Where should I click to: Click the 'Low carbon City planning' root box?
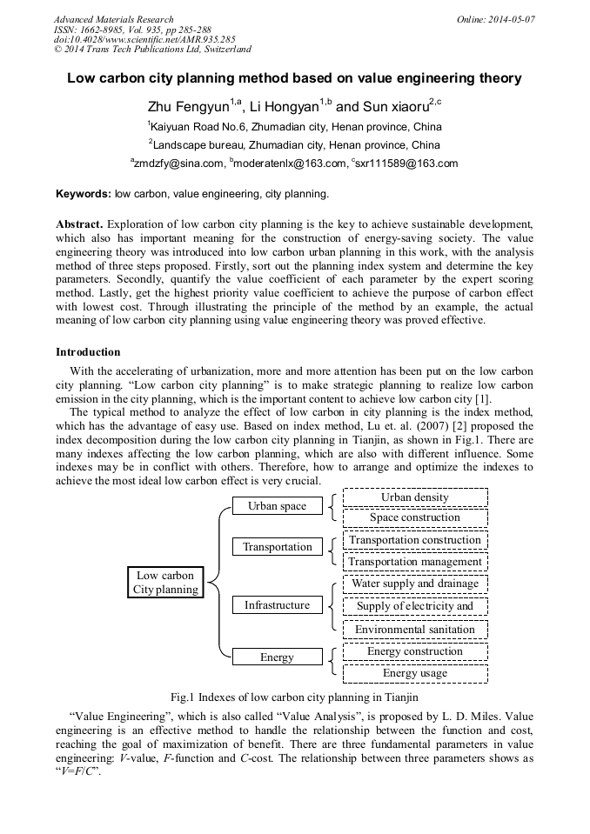tap(165, 583)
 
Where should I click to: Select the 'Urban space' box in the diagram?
tap(277, 506)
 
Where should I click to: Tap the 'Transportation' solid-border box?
tap(277, 547)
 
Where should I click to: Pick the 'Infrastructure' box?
tap(277, 605)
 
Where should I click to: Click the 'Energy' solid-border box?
tap(277, 657)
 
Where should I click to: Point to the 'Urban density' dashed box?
tap(415, 497)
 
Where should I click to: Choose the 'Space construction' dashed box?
tap(415, 517)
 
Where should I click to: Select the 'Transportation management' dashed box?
tap(415, 562)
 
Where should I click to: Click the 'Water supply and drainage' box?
tap(415, 584)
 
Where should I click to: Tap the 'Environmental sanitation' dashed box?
tap(415, 630)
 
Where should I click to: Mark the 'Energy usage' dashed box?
tap(415, 673)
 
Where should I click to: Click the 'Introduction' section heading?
tap(88, 352)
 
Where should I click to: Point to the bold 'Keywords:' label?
tap(84, 194)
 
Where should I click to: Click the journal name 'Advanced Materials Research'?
tap(113, 19)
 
